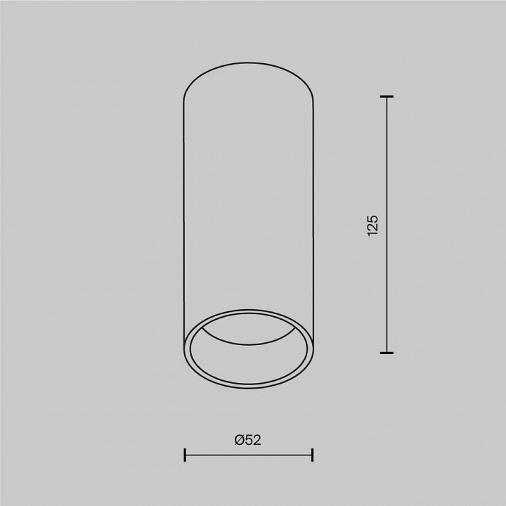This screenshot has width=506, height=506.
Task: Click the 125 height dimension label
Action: coord(372,224)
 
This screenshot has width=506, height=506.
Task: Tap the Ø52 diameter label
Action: coord(248,440)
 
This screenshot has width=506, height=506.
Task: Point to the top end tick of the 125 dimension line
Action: coord(386,96)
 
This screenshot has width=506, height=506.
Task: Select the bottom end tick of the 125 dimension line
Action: coord(386,352)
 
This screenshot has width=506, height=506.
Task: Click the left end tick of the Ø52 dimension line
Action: coord(184,455)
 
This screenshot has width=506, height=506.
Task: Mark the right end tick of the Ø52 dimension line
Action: coord(312,455)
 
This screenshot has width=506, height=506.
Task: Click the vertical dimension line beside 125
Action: coord(386,281)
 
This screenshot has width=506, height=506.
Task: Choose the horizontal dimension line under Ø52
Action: coord(248,455)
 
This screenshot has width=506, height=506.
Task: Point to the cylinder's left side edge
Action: coord(183,211)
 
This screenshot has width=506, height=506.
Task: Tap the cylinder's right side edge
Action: coord(313,211)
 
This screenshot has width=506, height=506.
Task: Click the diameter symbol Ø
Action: coord(240,440)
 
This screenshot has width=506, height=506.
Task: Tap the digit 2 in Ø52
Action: coord(257,440)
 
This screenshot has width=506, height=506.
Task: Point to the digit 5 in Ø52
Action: coord(249,440)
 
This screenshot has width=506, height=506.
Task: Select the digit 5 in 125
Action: coord(372,216)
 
